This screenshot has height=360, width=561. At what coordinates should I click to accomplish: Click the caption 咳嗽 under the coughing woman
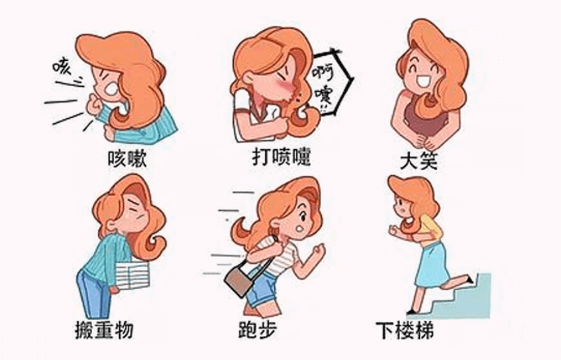pos(127,159)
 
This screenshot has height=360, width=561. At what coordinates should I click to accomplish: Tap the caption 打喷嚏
pos(281,157)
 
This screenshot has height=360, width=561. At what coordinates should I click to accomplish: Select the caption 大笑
pos(419,161)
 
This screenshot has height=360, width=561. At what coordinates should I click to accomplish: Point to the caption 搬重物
pos(104,329)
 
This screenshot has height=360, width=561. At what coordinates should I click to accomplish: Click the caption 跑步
pos(257,329)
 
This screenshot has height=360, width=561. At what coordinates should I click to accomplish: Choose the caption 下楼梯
pos(404,330)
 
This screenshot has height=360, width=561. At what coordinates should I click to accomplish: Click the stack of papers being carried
pos(131,274)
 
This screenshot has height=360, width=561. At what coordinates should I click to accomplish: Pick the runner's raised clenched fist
pos(318,250)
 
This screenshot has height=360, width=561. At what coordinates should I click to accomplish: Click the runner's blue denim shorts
pos(264,288)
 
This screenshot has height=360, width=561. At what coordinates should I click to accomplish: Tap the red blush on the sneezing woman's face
pos(285,86)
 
